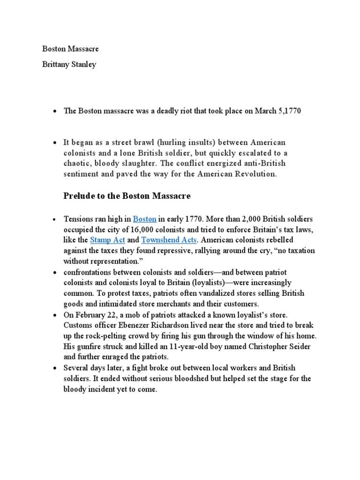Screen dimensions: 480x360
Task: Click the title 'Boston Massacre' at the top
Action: coord(70,49)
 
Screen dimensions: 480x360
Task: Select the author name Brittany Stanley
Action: coord(69,65)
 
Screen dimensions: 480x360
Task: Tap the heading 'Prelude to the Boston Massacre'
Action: coord(127,196)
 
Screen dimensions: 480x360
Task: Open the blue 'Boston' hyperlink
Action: coord(144,219)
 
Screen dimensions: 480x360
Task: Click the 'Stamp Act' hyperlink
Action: coord(107,240)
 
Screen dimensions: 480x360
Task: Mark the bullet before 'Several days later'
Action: coord(54,368)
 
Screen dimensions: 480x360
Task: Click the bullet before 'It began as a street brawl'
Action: coord(54,142)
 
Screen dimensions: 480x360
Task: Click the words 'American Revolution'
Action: coord(242,174)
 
